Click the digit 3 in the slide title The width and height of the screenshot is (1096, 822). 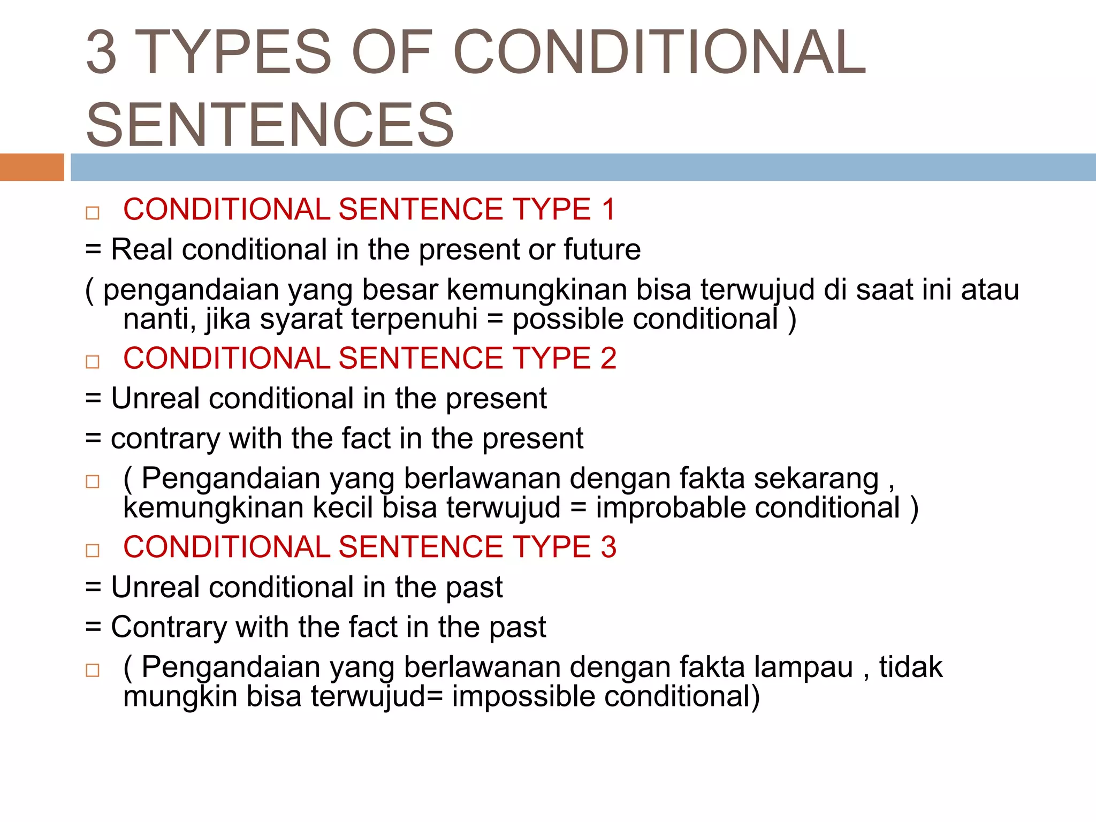point(102,52)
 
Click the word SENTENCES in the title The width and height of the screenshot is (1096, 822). point(270,125)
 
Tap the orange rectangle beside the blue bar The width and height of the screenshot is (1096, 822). point(32,167)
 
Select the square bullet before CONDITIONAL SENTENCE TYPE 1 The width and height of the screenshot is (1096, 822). point(93,213)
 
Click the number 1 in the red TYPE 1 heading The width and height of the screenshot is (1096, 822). point(608,209)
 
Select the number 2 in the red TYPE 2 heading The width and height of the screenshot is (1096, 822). point(608,358)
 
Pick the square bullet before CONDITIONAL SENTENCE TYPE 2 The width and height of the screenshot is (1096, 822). point(93,362)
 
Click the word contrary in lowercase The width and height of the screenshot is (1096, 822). point(165,438)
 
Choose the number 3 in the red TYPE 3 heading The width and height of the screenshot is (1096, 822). point(608,547)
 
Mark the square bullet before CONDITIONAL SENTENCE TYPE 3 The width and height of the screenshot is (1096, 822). point(93,551)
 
